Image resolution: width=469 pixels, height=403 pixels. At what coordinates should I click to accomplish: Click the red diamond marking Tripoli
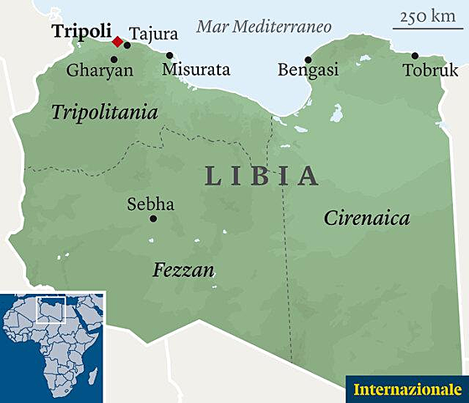tap(117, 41)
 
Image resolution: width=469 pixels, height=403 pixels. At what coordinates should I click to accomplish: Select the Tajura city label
tap(155, 34)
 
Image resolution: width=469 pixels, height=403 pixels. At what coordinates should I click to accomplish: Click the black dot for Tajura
tap(128, 44)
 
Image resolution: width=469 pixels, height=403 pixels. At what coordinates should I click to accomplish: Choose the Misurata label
tap(195, 71)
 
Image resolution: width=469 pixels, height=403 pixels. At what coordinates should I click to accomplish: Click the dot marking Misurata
tap(169, 56)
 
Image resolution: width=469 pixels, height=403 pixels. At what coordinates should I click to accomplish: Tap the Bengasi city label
tap(308, 71)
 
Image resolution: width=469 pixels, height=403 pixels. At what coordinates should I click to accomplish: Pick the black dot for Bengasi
tap(308, 59)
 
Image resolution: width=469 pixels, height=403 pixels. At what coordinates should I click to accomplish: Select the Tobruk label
tap(429, 71)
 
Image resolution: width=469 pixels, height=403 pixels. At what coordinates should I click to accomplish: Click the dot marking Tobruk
tap(414, 55)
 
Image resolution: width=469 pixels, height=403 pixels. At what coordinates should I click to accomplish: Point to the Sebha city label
tap(150, 204)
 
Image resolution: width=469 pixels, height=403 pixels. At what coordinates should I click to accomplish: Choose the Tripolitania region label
tap(105, 113)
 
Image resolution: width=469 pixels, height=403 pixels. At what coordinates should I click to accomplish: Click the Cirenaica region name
tap(367, 218)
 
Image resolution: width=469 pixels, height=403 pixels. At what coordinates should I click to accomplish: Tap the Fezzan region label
tap(184, 270)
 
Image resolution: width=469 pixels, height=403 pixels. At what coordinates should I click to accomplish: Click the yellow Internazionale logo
tap(407, 390)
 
